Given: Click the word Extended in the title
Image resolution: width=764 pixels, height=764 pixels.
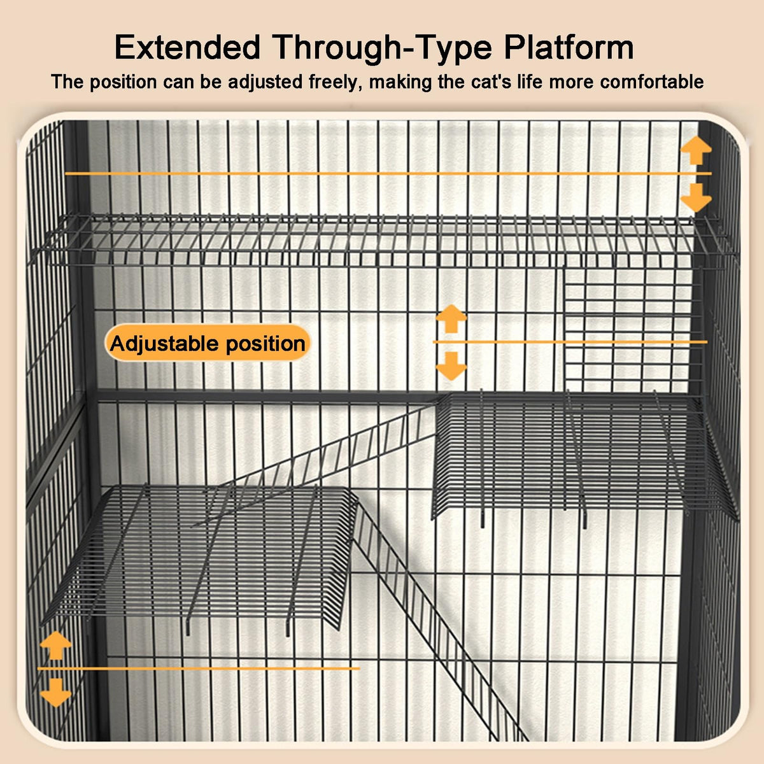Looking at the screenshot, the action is pos(187,48).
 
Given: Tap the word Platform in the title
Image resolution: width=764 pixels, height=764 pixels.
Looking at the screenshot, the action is pos(569,48).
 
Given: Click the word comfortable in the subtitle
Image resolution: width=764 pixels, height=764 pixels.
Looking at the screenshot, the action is pos(652,82).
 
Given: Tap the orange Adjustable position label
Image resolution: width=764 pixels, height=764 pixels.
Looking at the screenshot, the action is pos(208,343).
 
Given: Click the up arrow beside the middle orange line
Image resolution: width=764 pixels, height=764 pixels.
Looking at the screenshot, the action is pos(451,318).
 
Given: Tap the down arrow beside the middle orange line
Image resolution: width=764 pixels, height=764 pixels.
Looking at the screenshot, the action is pos(451,366).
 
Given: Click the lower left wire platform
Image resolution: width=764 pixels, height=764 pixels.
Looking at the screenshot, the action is pos(198,555).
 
